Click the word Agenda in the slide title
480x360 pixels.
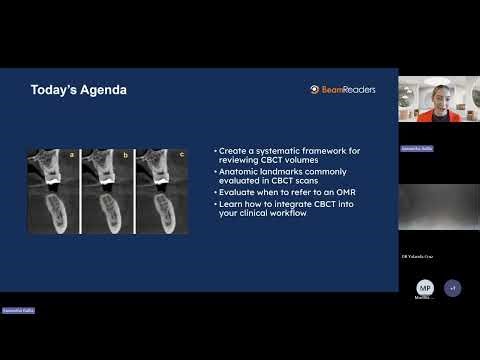(x=103, y=90)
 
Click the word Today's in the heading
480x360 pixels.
(x=54, y=90)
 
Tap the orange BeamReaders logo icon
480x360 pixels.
(x=315, y=89)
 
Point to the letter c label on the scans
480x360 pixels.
(x=180, y=155)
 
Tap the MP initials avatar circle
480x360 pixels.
(x=425, y=288)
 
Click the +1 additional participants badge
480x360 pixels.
(x=453, y=288)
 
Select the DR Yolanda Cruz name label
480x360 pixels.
(x=417, y=257)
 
